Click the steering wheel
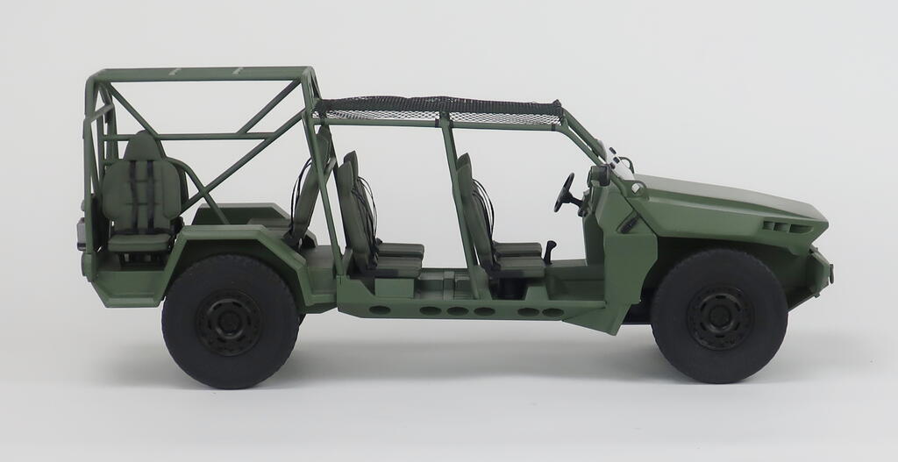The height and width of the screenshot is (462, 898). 565,193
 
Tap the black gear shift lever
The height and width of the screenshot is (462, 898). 550,252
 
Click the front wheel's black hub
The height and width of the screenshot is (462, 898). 719,316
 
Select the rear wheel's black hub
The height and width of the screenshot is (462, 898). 230,322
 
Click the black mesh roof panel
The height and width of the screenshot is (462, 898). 438,109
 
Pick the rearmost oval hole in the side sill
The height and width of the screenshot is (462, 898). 381,309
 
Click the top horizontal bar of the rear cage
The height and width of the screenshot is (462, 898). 202,75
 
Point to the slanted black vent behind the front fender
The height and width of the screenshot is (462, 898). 629,223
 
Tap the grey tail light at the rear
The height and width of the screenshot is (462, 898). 82,232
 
